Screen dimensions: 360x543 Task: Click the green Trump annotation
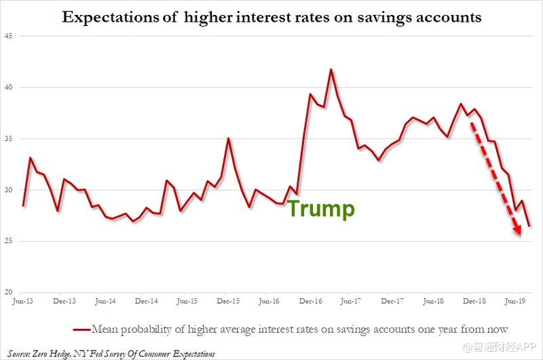[320, 209]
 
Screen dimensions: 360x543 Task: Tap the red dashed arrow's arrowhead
[518, 231]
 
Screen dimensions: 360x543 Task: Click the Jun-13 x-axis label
[22, 300]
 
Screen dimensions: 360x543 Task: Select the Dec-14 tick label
[146, 300]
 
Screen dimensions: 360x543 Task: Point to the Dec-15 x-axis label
[227, 300]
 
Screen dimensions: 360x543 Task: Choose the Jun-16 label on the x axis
[269, 300]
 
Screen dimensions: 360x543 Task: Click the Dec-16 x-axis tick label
[310, 300]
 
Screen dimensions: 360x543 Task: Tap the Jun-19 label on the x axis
[516, 300]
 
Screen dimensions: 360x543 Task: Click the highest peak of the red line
[331, 69]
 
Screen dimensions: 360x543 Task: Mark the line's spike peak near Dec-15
[228, 139]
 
